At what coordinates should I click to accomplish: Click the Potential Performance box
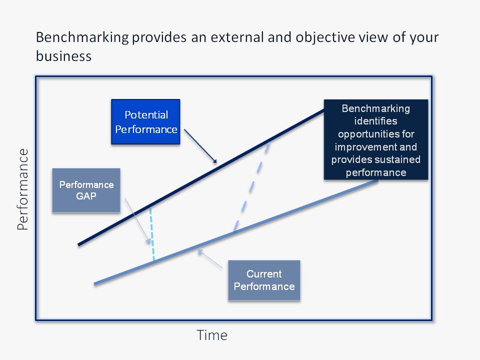[145, 122]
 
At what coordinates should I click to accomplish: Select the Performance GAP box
[86, 190]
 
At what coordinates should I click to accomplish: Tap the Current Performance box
[264, 280]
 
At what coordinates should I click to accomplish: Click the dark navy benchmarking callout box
[376, 140]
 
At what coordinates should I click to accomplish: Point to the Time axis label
[212, 334]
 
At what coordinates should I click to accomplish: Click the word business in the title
[63, 56]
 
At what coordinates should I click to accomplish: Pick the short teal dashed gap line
[152, 235]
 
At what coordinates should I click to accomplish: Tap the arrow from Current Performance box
[210, 259]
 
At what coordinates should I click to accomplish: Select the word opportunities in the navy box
[375, 135]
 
